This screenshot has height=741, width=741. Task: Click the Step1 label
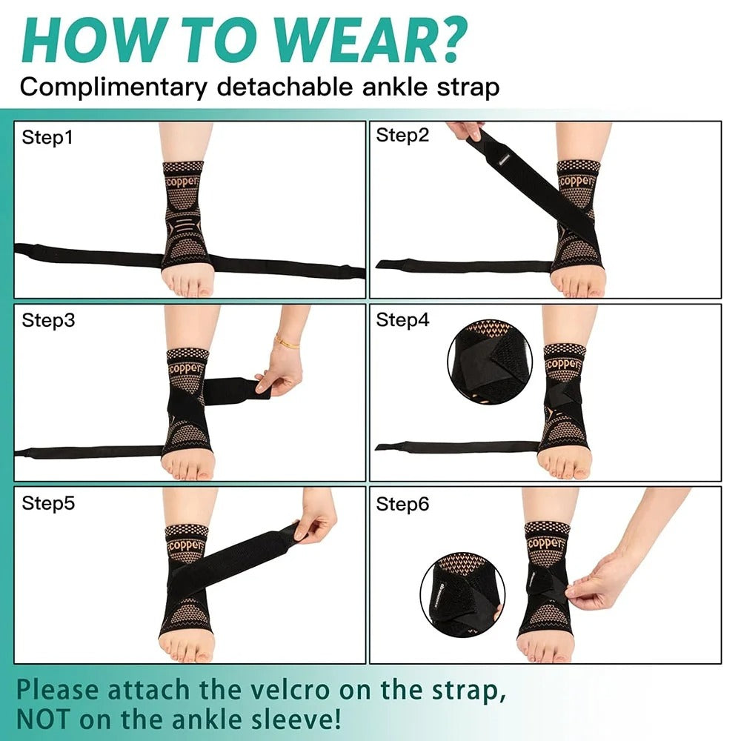47,137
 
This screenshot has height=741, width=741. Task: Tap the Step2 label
402,135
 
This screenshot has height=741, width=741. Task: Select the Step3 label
48,320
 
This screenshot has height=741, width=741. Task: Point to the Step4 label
402,320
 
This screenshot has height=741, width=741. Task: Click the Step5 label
48,504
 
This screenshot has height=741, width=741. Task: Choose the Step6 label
402,504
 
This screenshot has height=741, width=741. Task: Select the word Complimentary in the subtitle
113,87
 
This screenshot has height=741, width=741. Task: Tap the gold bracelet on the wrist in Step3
287,342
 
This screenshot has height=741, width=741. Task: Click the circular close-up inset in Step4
485,362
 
